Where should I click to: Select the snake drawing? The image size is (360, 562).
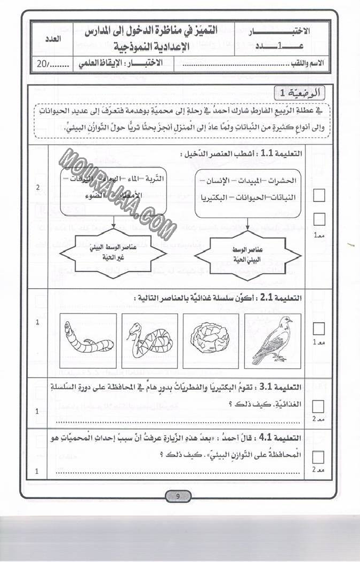click(x=148, y=339)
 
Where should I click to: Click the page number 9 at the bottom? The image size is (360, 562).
click(x=179, y=496)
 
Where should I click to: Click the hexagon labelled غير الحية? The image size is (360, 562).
click(x=113, y=254)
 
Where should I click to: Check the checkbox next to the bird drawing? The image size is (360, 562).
click(x=319, y=328)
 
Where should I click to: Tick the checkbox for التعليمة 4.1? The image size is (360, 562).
click(x=319, y=457)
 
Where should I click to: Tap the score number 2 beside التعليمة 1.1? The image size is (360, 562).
click(x=37, y=188)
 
